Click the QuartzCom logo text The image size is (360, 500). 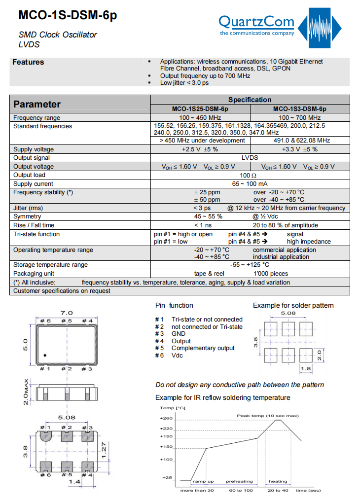click(256, 22)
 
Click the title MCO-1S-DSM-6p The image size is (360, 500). click(68, 15)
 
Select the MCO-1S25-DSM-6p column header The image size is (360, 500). click(200, 108)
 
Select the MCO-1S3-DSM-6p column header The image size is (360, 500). click(299, 108)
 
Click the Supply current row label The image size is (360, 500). click(33, 183)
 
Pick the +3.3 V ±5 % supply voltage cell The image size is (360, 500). click(299, 149)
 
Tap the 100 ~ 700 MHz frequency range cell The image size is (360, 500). click(299, 118)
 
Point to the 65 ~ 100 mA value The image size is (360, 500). click(250, 183)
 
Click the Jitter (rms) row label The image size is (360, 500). click(28, 208)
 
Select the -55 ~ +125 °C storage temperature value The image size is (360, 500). click(250, 265)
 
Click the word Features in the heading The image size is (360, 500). click(28, 62)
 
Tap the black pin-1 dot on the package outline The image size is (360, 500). click(45, 355)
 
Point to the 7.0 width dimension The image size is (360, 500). click(67, 313)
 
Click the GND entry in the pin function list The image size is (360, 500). click(179, 334)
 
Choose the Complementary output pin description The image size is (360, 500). click(203, 348)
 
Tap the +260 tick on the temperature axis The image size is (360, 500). click(166, 419)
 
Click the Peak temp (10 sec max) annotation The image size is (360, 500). click(267, 416)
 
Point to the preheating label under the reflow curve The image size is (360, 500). click(239, 481)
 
